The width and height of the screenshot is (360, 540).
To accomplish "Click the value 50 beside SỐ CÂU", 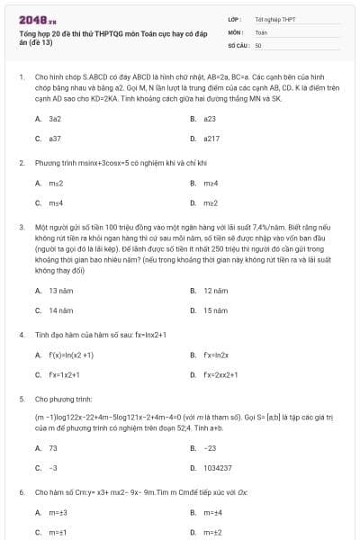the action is point(258,44).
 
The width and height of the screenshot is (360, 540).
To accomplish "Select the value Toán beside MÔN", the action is point(261,31).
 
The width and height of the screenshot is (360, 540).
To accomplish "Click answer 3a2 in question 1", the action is point(55,119).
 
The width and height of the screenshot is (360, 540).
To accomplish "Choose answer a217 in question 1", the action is point(211,139).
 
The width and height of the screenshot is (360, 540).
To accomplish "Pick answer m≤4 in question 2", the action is point(56,204).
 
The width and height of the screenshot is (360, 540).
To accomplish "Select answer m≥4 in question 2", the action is point(211,184).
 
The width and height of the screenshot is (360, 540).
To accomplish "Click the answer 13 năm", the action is point(60,291).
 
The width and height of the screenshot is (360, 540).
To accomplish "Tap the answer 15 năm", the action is point(214,310).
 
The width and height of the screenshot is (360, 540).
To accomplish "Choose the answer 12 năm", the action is point(214,291).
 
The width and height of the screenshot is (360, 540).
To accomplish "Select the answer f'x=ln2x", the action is point(215,355).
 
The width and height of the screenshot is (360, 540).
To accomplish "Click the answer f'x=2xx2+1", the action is point(219,374).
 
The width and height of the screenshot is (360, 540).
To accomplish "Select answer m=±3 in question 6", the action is point(58,513).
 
